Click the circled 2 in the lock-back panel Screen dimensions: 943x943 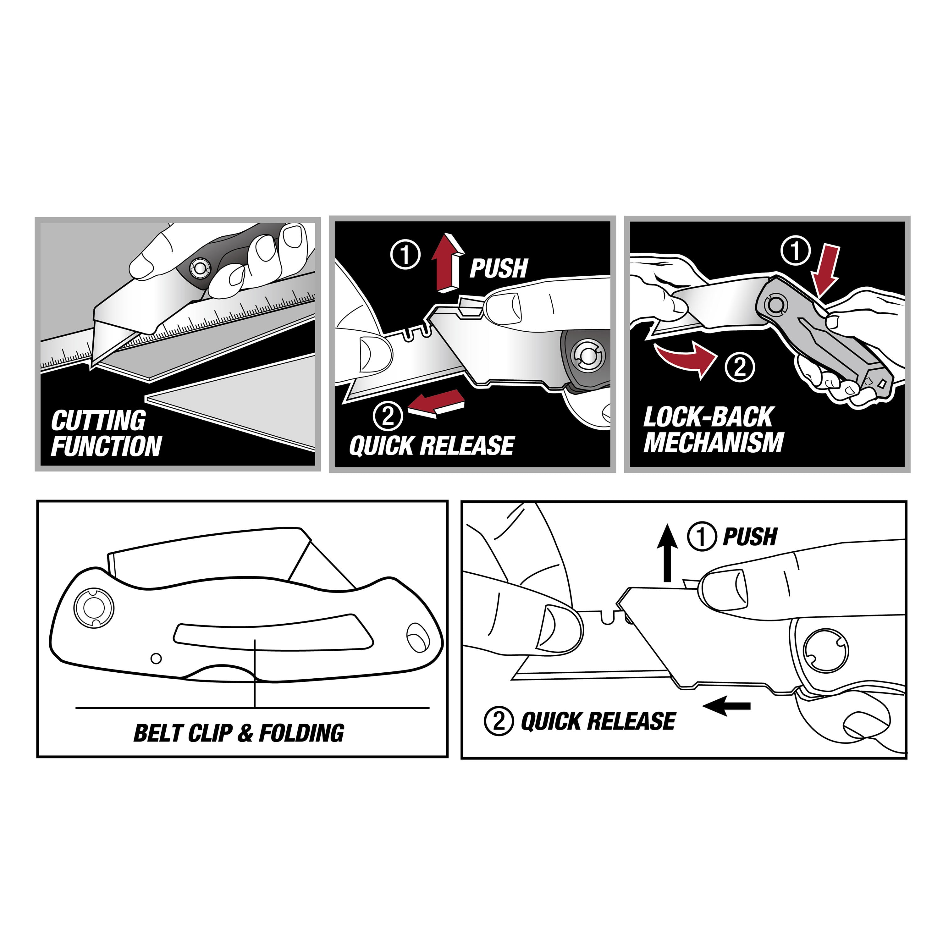(740, 367)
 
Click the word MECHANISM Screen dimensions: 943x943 (713, 442)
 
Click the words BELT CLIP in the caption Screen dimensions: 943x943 (183, 733)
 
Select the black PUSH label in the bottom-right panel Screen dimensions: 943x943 (750, 537)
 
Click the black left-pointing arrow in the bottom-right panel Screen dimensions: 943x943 (726, 706)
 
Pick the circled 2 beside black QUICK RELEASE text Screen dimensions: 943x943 (498, 721)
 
